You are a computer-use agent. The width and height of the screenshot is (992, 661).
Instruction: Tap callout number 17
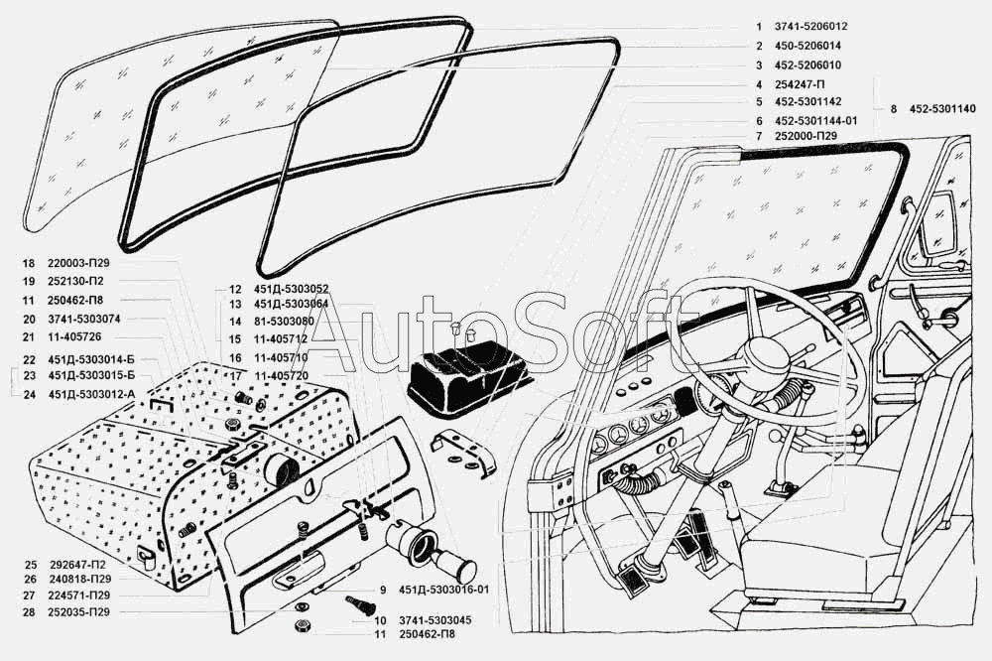(x=235, y=376)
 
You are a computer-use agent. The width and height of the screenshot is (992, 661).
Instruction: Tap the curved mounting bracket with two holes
(x=466, y=453)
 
